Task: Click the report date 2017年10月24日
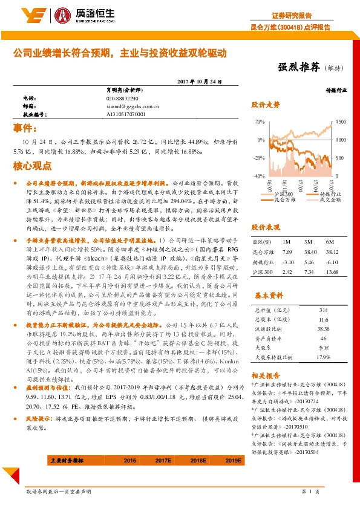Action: pyautogui.click(x=197, y=82)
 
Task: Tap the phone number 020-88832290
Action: pyautogui.click(x=122, y=98)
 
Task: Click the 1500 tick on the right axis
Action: pyautogui.click(x=340, y=122)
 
